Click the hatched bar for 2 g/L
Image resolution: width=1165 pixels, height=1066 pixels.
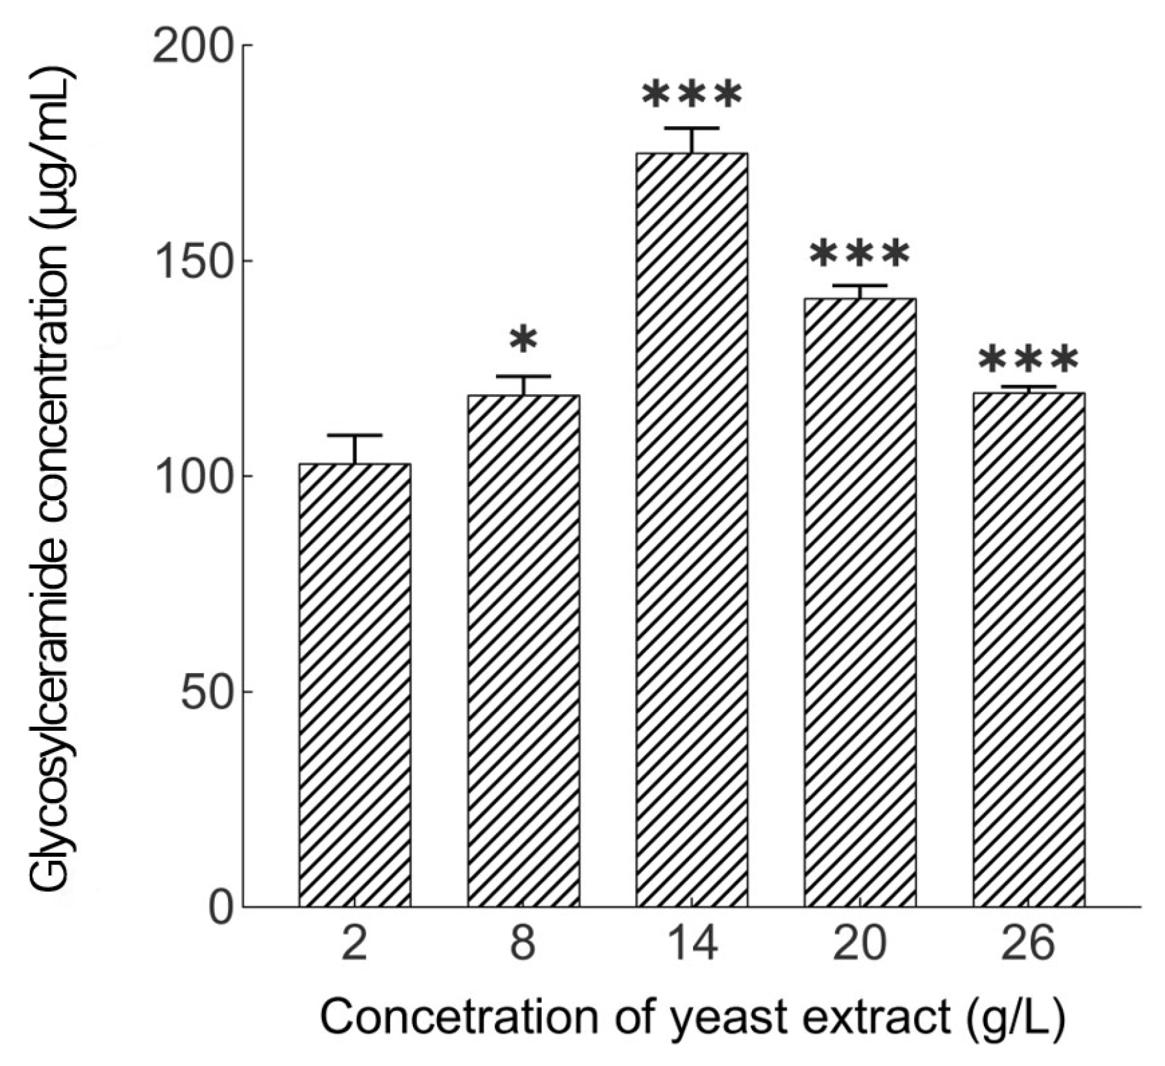point(355,685)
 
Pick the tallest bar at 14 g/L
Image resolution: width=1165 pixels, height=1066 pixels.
point(692,529)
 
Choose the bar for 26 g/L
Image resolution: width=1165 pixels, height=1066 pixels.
point(1029,650)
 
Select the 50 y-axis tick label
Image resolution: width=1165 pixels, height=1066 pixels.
point(206,693)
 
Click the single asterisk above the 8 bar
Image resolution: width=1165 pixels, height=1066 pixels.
point(523,340)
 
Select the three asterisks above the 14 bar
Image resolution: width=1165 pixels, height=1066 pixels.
point(692,95)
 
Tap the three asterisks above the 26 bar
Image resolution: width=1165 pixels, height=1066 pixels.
point(1029,359)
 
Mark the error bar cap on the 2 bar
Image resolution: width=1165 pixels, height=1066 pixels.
point(355,435)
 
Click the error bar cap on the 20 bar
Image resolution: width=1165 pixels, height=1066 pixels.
point(860,285)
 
